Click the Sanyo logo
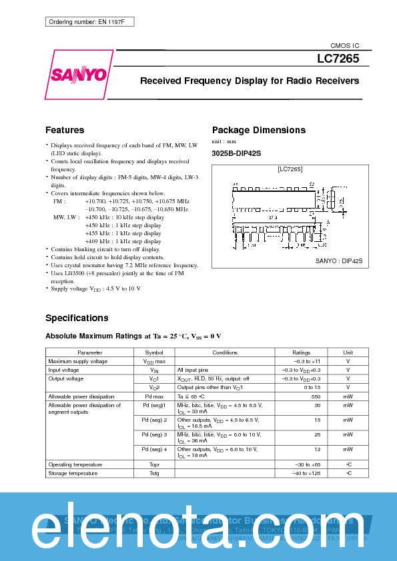point(78,74)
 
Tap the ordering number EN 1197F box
point(90,22)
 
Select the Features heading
point(65,130)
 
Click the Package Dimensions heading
point(258,130)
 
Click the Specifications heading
point(77,318)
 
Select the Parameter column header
point(90,352)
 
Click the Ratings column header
point(302,352)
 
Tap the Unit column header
point(348,352)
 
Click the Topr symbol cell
point(154,464)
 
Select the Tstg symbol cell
point(154,473)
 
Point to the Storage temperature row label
point(73,473)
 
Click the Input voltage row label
point(63,370)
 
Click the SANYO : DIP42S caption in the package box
point(339,261)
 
